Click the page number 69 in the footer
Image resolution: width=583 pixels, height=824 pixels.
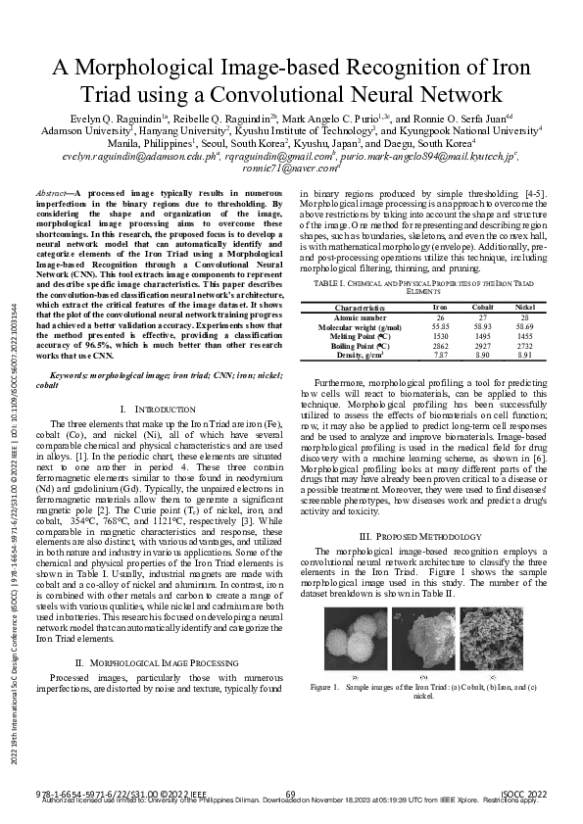pyautogui.click(x=291, y=793)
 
